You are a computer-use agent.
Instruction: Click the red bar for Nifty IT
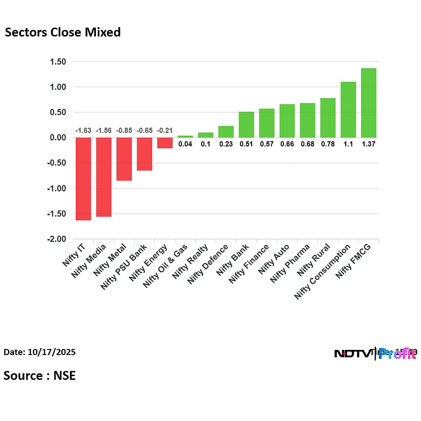tap(83, 179)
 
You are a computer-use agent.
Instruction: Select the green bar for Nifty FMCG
tap(369, 103)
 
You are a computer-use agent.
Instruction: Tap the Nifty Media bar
tap(104, 177)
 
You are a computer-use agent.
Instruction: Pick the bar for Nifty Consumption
tap(348, 110)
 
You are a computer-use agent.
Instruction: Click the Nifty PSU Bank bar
tap(145, 154)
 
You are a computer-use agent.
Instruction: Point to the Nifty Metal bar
tap(124, 159)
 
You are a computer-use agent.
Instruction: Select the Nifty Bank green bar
tap(247, 125)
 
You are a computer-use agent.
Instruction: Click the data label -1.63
tap(83, 131)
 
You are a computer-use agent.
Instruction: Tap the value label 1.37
tap(369, 144)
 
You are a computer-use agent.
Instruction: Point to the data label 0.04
tap(185, 144)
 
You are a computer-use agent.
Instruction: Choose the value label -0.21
tap(165, 131)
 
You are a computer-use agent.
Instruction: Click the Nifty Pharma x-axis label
tap(291, 263)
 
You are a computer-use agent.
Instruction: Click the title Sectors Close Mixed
tap(63, 32)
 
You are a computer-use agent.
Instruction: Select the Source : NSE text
tap(40, 375)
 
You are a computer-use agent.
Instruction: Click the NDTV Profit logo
tap(375, 354)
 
